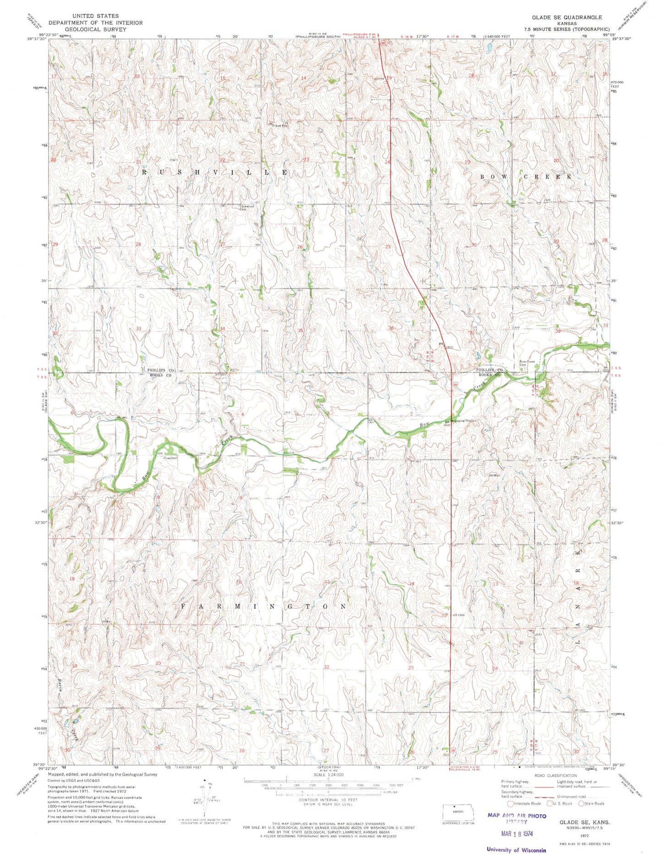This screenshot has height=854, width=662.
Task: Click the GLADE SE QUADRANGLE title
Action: click(x=567, y=17)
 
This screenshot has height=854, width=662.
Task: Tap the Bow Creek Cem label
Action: click(x=527, y=363)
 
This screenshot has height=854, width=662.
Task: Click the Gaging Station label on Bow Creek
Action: click(x=464, y=420)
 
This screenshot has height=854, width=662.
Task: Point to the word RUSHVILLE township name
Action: click(x=214, y=172)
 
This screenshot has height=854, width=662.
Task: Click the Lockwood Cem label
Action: click(x=247, y=208)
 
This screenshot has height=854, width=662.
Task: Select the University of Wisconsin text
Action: click(x=516, y=849)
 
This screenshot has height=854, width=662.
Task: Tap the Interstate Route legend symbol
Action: click(x=510, y=803)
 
